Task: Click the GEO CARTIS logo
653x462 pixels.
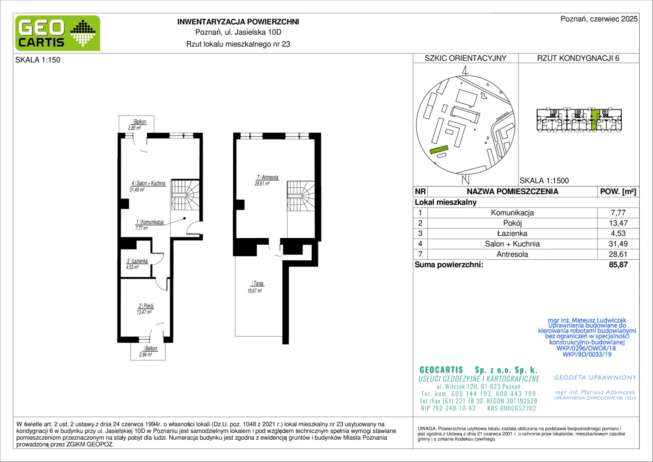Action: (x=58, y=33)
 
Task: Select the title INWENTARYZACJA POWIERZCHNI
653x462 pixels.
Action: (x=238, y=22)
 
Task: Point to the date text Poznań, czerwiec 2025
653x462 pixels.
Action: (x=599, y=19)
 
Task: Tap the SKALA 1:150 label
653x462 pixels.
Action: (x=38, y=60)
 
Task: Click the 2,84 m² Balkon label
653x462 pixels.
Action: (x=148, y=351)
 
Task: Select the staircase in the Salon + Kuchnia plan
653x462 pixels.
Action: (x=185, y=195)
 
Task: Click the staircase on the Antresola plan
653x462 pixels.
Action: (x=300, y=196)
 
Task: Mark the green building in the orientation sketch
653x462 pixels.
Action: (x=439, y=150)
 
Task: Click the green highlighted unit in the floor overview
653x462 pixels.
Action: (x=595, y=120)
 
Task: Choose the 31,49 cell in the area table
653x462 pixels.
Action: (x=618, y=244)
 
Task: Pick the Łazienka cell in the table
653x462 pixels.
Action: (x=512, y=234)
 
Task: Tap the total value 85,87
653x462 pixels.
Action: (x=618, y=265)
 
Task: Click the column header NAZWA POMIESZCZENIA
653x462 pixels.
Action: (x=512, y=192)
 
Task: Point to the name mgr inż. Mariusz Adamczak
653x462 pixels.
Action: (x=595, y=392)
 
